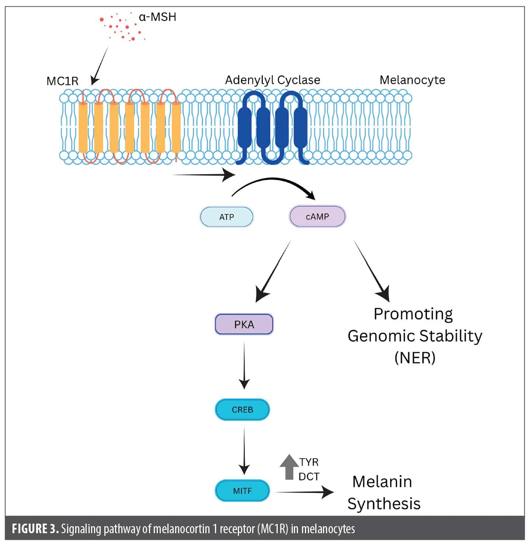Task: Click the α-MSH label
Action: (x=157, y=17)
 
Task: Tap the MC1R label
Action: (x=62, y=81)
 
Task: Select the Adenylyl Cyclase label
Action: (x=273, y=80)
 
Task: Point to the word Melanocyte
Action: (x=412, y=80)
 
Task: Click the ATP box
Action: (x=226, y=217)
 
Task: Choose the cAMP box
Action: (x=317, y=217)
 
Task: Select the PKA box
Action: (x=244, y=324)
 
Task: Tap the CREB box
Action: (x=242, y=410)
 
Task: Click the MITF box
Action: (x=242, y=491)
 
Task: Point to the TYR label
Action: (x=309, y=462)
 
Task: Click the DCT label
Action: (x=309, y=477)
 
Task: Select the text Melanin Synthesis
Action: (x=383, y=493)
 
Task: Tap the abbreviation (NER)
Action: (x=415, y=358)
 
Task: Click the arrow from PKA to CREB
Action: (x=244, y=365)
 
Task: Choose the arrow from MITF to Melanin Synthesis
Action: (x=304, y=492)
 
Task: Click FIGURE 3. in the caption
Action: (x=35, y=529)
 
